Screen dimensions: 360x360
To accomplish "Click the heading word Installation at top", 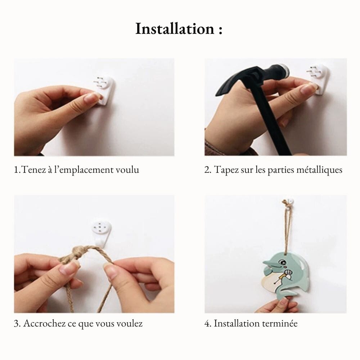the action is (175, 29).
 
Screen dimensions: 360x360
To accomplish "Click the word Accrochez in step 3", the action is (44, 323).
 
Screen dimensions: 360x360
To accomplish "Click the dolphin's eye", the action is (281, 262).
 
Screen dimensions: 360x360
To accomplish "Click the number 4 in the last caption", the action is (207, 324).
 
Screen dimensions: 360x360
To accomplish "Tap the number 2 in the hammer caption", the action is (207, 170).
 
